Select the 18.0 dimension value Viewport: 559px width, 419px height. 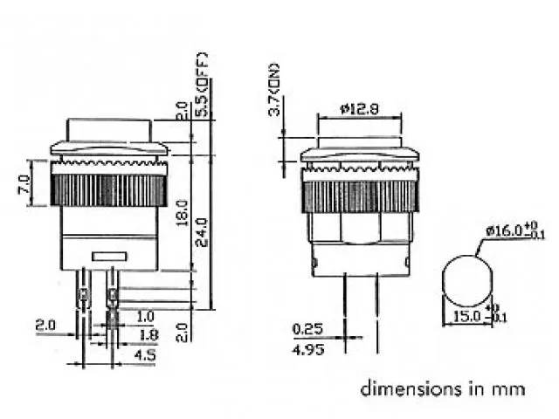point(182,212)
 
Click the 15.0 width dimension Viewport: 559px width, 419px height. point(466,317)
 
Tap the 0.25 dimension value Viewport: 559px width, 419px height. point(307,329)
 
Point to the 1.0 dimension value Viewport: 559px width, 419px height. point(146,316)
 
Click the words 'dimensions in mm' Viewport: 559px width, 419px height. point(443,388)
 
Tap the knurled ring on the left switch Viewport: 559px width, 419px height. point(109,189)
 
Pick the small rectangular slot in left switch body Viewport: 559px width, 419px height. point(109,257)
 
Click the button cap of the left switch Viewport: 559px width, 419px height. point(108,130)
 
